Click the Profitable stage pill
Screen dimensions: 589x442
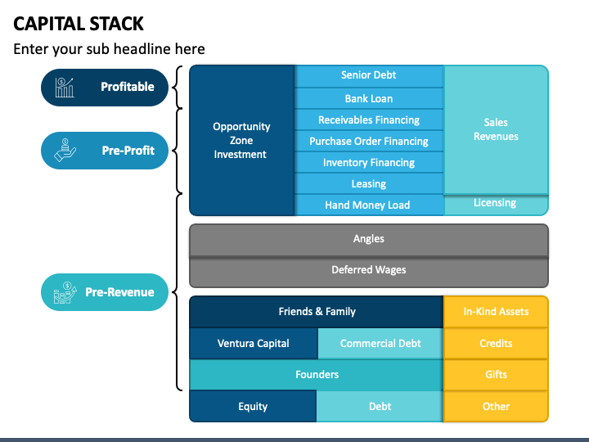(x=105, y=88)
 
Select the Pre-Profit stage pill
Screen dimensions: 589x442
(x=105, y=151)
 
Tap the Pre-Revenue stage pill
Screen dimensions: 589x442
(x=105, y=292)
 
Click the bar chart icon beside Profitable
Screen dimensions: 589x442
(x=65, y=88)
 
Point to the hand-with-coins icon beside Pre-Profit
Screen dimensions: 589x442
(x=65, y=151)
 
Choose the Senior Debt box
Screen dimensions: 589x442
(x=369, y=76)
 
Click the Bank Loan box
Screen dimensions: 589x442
(x=369, y=98)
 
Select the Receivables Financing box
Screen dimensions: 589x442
(x=369, y=120)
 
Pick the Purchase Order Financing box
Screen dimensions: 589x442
(x=369, y=141)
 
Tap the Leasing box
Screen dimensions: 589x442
(x=369, y=183)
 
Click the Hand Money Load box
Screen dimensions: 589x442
(x=369, y=205)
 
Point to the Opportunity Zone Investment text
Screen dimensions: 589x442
(x=241, y=140)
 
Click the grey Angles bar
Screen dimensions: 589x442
(x=369, y=240)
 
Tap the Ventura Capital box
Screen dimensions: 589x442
(x=254, y=343)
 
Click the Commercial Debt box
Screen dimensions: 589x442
(x=380, y=343)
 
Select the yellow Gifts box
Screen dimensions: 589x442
(x=496, y=375)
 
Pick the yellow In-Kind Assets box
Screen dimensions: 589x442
(x=496, y=312)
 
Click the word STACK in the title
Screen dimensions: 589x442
(x=116, y=24)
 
